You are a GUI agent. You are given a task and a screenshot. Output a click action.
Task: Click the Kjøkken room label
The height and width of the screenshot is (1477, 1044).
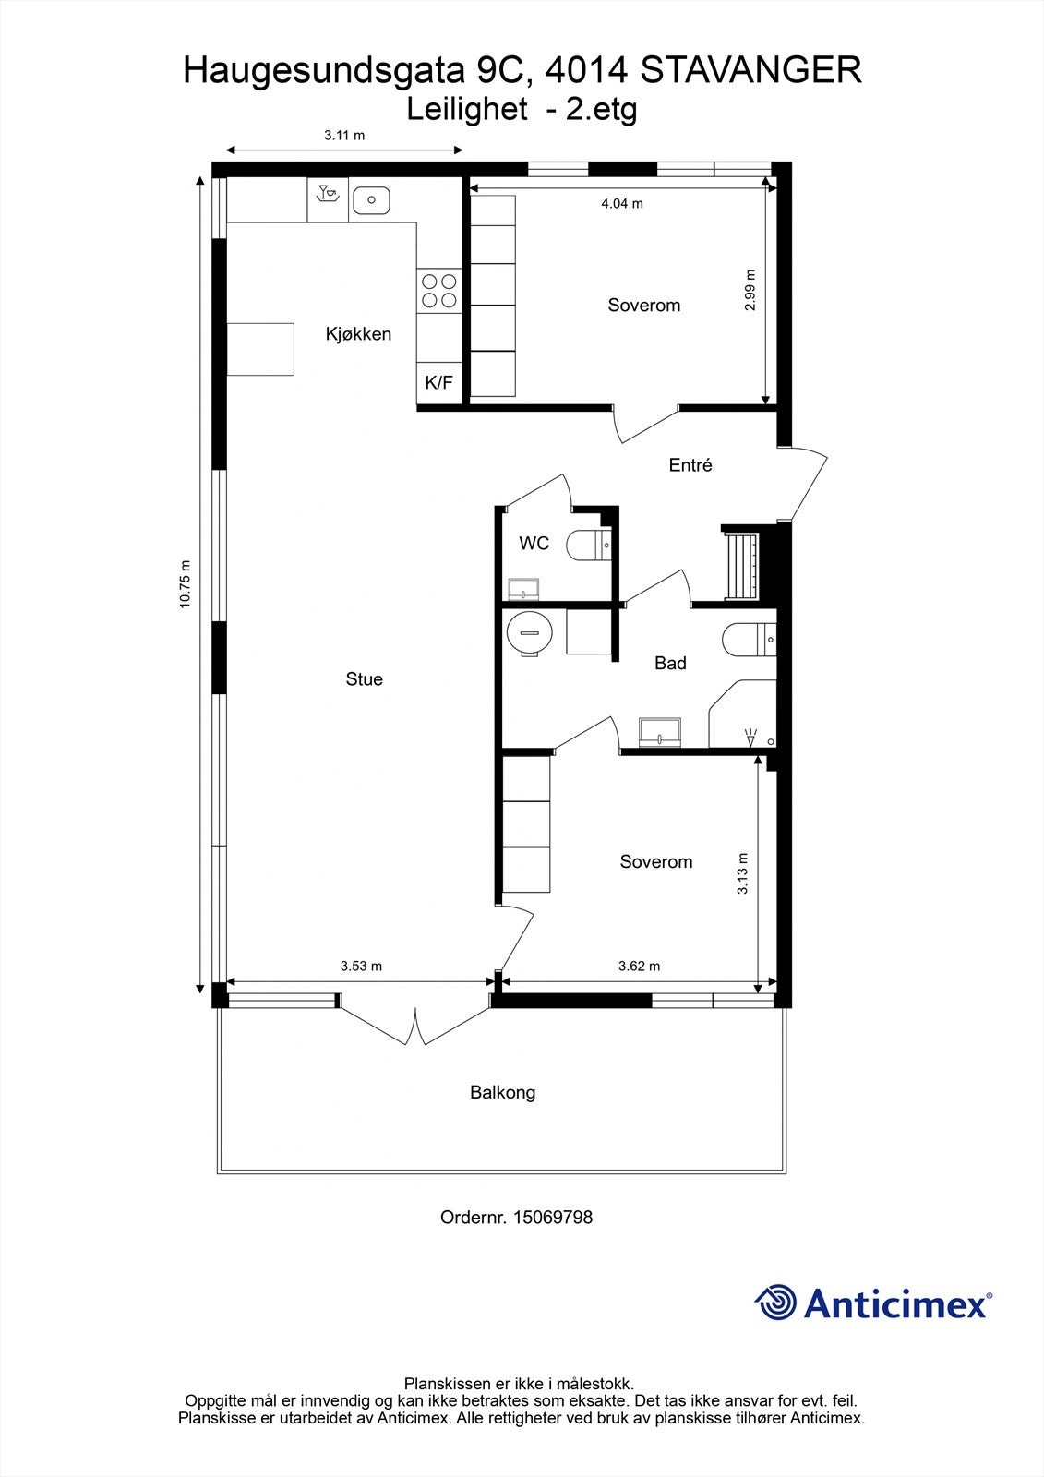[358, 334]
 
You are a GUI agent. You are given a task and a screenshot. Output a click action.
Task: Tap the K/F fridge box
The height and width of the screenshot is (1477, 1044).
[438, 382]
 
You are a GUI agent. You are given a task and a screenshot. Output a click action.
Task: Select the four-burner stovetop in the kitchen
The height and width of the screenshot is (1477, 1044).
[438, 291]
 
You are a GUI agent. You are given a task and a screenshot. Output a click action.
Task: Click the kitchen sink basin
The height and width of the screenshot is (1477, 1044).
[371, 198]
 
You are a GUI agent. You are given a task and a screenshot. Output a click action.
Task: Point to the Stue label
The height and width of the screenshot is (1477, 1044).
[364, 679]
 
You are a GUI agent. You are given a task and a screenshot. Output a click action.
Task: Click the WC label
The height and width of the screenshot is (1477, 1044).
[534, 544]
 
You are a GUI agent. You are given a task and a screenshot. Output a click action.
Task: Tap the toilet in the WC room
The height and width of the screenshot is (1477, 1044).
[586, 546]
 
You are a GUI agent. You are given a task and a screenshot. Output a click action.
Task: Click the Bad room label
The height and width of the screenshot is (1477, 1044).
[670, 663]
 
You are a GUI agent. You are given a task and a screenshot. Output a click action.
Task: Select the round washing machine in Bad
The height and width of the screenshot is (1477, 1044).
[529, 633]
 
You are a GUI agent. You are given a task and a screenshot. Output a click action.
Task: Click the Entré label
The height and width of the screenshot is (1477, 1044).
[690, 465]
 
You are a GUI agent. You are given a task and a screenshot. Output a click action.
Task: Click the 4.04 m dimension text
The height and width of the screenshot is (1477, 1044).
[622, 203]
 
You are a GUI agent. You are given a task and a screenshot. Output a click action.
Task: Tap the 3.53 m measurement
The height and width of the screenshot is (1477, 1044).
[361, 967]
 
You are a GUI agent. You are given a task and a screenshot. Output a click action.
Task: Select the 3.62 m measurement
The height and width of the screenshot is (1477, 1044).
[639, 967]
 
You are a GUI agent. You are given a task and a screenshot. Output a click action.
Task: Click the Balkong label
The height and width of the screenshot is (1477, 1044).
[502, 1093]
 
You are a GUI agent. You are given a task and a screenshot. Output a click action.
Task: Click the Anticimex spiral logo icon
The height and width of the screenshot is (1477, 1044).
[775, 1303]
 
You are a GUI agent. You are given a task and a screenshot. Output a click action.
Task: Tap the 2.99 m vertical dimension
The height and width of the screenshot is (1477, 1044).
[750, 290]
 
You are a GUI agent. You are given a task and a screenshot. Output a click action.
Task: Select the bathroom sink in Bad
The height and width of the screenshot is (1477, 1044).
[660, 732]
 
